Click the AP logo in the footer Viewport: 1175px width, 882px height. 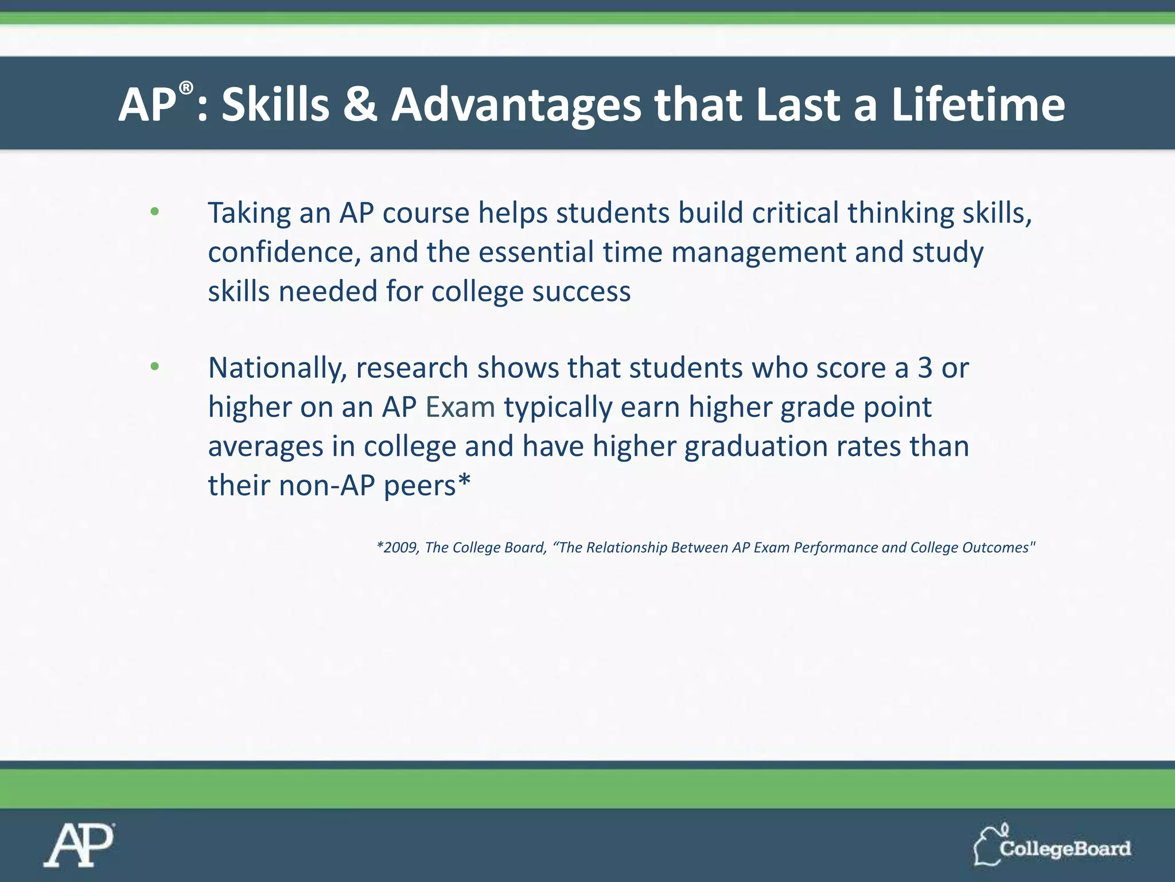tap(79, 845)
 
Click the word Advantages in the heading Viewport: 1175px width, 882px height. tap(516, 106)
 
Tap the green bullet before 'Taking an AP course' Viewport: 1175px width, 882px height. tap(154, 212)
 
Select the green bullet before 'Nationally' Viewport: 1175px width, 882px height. tap(154, 367)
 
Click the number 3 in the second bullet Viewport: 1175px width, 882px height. tap(924, 368)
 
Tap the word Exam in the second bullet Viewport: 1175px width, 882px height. tap(460, 407)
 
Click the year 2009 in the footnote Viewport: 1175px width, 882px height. tap(400, 548)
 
